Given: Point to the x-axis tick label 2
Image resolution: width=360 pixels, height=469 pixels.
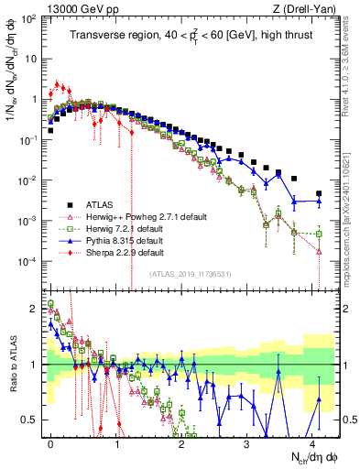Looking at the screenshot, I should (181, 442).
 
